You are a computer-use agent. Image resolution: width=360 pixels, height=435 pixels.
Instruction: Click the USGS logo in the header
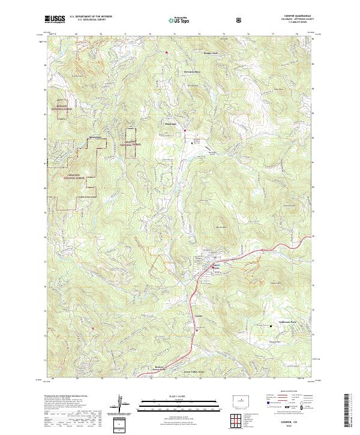pyautogui.click(x=55, y=19)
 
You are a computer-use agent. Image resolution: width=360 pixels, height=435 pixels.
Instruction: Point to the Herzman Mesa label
pyautogui.click(x=191, y=71)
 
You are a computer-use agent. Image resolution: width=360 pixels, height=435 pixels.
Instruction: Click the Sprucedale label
pyautogui.click(x=94, y=137)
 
